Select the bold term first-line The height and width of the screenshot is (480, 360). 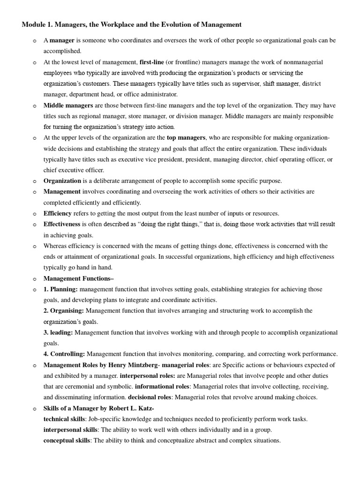(153, 62)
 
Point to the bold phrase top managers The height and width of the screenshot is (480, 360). (187, 137)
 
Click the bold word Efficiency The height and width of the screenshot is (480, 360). (58, 213)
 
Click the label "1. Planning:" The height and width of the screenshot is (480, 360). (60, 289)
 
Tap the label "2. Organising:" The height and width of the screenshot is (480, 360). (64, 310)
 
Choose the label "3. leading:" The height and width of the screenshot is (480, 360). (58, 332)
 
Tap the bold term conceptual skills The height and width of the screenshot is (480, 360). (66, 440)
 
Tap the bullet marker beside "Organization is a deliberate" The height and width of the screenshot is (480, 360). (35, 181)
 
